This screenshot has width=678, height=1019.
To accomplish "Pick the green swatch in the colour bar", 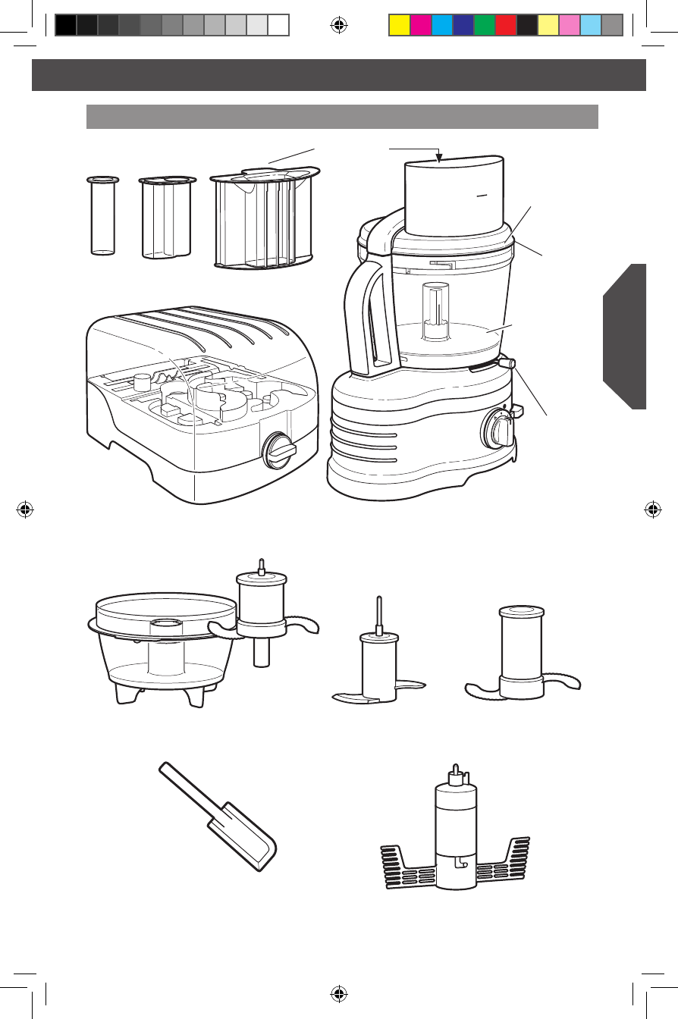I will pyautogui.click(x=484, y=25).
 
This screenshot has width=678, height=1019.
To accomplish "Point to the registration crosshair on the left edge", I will pyautogui.click(x=25, y=509).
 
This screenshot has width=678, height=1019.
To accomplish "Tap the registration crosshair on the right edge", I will pyautogui.click(x=652, y=509).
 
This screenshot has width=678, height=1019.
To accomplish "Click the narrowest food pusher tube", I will pyautogui.click(x=102, y=216).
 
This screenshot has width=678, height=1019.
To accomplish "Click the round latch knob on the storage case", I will pyautogui.click(x=278, y=453).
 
